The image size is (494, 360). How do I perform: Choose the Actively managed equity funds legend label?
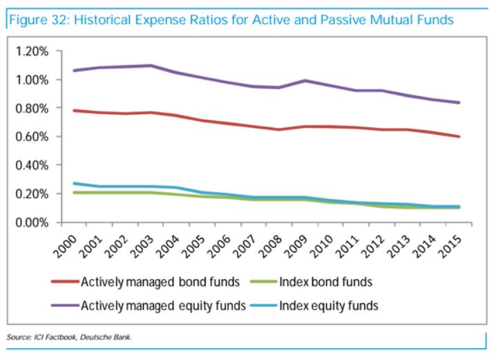click(162, 305)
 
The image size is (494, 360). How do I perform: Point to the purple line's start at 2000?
click(63, 70)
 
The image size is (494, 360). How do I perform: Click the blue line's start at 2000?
click(63, 184)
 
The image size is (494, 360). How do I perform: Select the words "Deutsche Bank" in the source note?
click(111, 337)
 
